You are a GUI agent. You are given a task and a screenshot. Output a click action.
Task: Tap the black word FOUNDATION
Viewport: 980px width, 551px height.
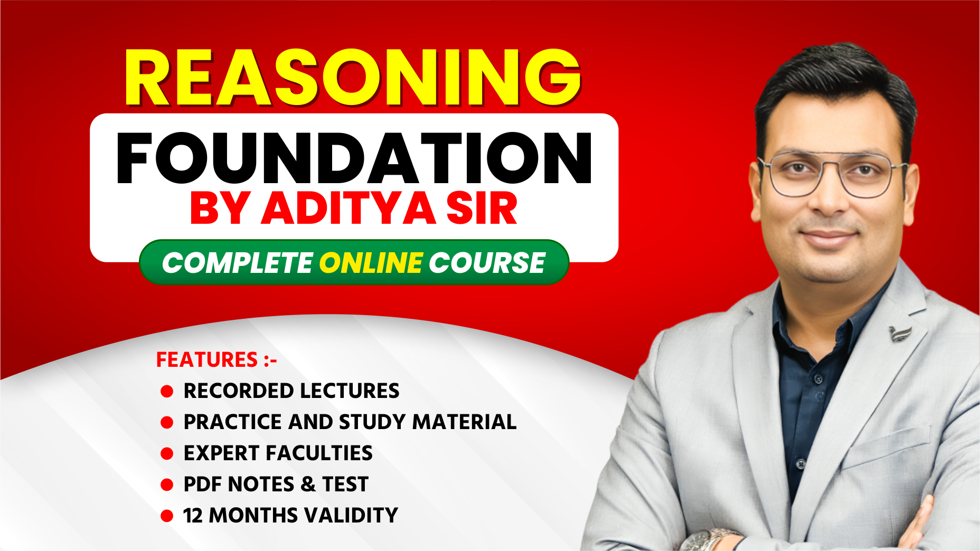tap(354, 158)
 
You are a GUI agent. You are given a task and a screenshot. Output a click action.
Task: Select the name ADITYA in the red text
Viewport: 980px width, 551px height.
tap(348, 208)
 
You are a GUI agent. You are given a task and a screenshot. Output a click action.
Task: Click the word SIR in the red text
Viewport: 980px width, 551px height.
tap(482, 208)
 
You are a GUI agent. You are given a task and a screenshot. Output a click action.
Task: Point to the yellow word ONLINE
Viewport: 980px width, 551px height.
tap(371, 263)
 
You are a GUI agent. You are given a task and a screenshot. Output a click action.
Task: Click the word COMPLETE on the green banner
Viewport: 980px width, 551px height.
tap(237, 263)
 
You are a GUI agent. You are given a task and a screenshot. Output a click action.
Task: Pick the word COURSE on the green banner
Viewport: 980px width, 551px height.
tap(486, 263)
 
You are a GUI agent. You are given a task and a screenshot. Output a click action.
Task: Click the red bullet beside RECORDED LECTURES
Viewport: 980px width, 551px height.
tap(167, 391)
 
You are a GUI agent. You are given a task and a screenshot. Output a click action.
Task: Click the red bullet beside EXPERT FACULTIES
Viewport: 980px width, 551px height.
tap(167, 453)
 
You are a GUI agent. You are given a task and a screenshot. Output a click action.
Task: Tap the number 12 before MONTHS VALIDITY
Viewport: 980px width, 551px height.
tap(193, 516)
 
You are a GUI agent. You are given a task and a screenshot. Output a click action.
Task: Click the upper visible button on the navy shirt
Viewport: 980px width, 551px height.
tap(818, 379)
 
